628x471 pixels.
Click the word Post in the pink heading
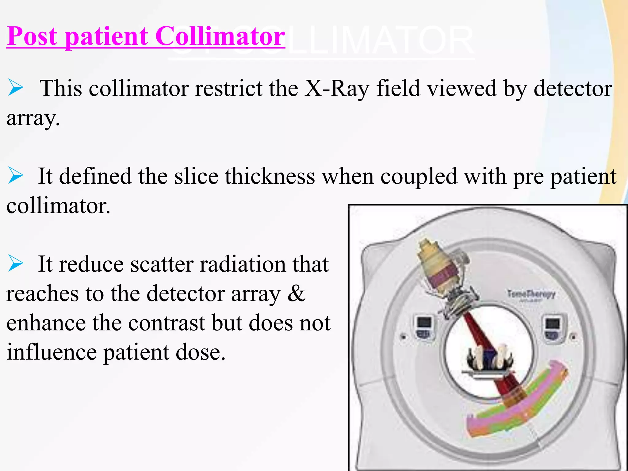[32, 36]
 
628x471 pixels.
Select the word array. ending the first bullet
[33, 118]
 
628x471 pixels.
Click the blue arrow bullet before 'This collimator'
[16, 87]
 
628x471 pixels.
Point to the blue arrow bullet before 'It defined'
[16, 175]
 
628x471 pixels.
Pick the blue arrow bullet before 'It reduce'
[16, 263]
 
